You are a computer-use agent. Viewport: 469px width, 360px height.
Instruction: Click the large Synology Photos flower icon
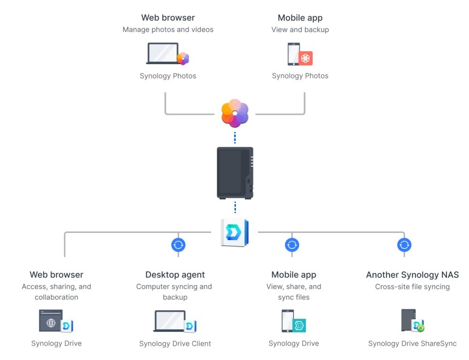click(235, 113)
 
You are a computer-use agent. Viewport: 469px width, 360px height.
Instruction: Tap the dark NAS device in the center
click(235, 173)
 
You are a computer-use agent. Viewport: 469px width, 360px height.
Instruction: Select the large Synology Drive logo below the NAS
click(235, 232)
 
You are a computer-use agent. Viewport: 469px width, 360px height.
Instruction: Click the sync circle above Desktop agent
click(178, 245)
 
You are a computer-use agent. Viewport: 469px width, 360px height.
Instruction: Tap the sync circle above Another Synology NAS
click(404, 245)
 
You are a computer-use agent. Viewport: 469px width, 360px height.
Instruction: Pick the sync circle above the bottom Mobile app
click(292, 245)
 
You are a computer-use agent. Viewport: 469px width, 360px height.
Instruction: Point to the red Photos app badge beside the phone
click(305, 58)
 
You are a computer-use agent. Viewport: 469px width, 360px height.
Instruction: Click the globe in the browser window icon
click(51, 323)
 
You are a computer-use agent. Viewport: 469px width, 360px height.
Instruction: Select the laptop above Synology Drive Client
click(170, 321)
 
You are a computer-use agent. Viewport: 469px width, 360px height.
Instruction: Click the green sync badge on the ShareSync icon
click(421, 328)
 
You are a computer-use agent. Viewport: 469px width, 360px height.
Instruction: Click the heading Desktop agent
click(175, 275)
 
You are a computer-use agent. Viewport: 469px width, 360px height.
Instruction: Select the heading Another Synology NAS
click(412, 275)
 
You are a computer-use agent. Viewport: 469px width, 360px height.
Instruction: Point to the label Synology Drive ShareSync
click(412, 343)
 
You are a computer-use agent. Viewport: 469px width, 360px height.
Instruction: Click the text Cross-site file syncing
click(412, 286)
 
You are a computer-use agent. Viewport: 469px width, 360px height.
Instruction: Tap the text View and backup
click(300, 30)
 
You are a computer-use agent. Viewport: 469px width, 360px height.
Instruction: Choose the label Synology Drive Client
click(175, 344)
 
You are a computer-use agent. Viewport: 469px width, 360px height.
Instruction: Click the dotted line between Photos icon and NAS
click(235, 137)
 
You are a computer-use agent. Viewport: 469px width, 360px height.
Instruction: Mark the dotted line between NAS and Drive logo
click(235, 207)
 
